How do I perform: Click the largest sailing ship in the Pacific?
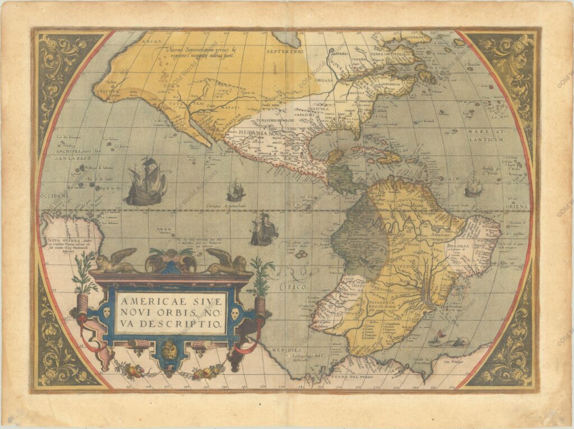(146, 181)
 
